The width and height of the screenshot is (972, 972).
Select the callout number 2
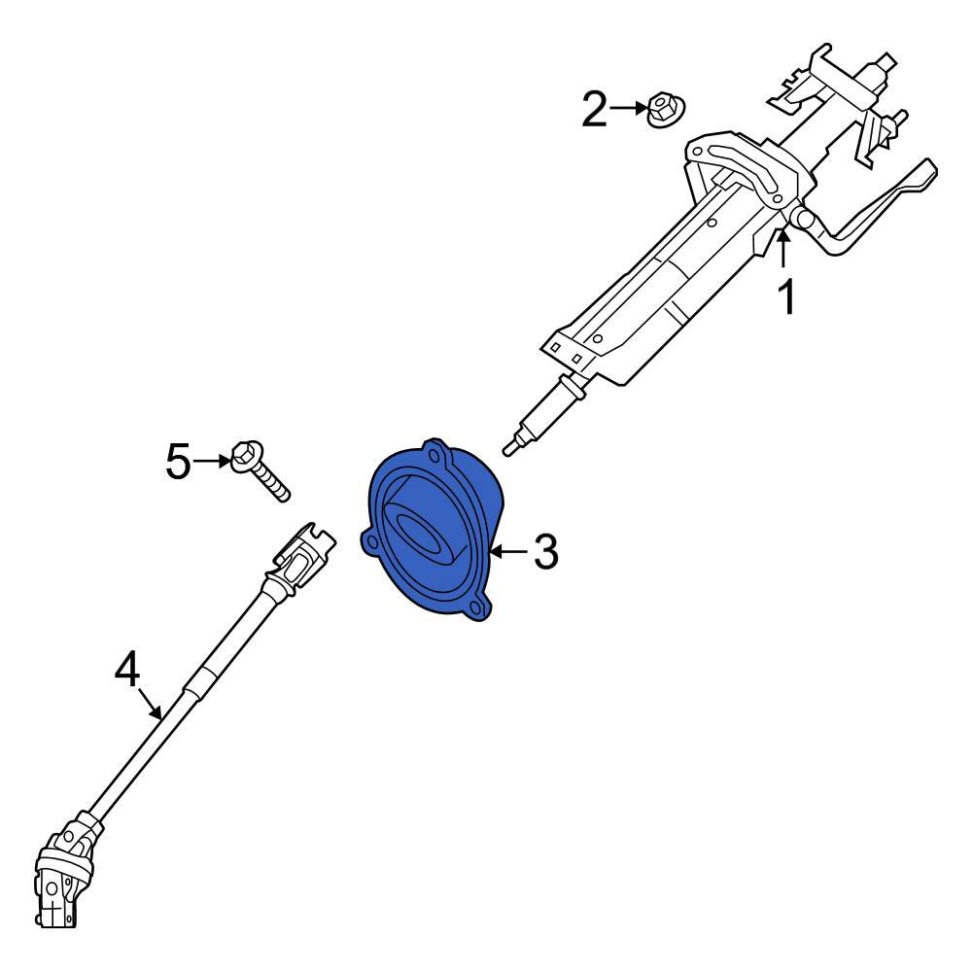click(594, 110)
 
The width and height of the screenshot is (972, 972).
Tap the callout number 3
click(544, 553)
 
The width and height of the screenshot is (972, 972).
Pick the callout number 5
click(179, 461)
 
